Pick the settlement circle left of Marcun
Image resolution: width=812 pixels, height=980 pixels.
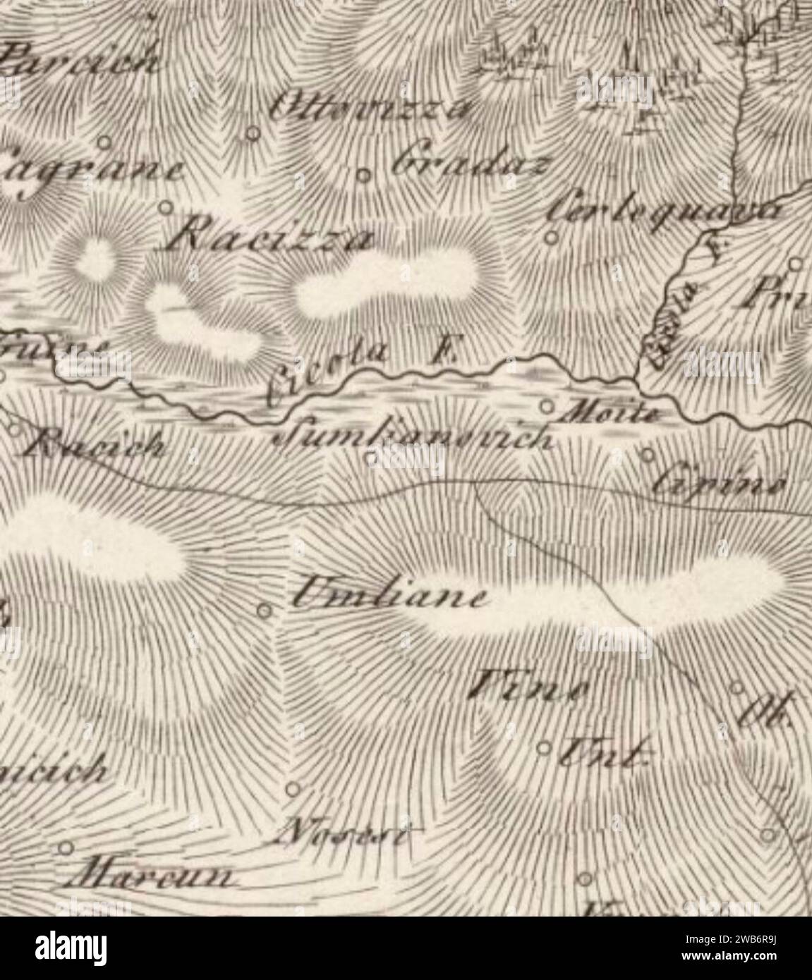67,847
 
